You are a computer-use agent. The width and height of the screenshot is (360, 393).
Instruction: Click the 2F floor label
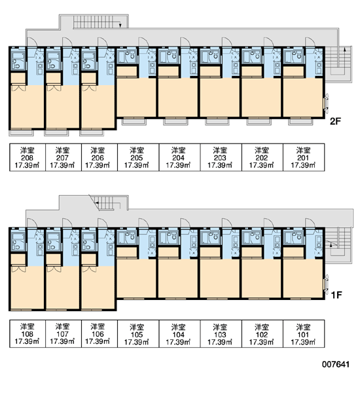click(335, 121)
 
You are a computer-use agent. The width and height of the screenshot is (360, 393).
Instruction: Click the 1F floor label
click(336, 295)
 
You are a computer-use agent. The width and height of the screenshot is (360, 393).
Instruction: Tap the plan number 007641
click(336, 364)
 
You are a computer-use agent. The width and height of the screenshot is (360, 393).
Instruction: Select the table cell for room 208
click(27, 157)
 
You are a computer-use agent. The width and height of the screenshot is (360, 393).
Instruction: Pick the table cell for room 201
click(304, 157)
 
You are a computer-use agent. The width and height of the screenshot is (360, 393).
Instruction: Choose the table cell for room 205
click(138, 157)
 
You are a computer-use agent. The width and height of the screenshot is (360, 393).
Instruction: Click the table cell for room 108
click(27, 333)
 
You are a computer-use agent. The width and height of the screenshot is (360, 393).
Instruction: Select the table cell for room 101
click(304, 333)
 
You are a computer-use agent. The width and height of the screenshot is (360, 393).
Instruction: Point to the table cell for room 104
click(179, 333)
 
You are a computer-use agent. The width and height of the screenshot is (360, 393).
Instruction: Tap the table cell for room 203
click(221, 157)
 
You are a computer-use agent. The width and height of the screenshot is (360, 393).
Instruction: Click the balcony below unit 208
click(22, 132)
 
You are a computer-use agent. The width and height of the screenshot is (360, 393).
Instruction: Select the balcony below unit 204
click(175, 121)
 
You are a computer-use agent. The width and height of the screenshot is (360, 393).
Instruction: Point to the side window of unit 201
click(326, 103)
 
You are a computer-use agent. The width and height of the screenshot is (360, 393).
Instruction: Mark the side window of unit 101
click(326, 284)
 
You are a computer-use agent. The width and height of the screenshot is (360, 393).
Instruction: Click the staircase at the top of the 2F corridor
click(101, 22)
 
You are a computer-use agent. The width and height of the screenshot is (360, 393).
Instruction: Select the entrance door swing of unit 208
click(32, 42)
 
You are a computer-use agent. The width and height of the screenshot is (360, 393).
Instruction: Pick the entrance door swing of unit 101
click(310, 223)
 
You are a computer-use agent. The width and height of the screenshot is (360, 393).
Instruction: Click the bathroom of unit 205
click(127, 56)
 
